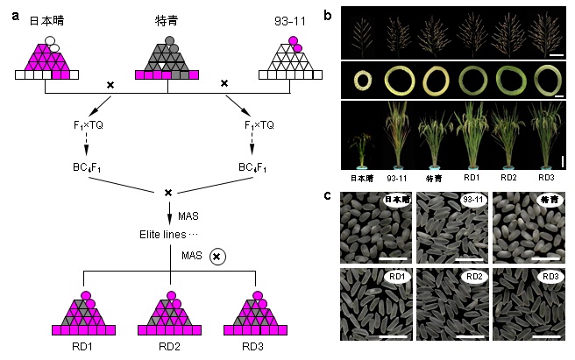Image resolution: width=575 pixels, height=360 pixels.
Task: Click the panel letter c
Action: [x=327, y=194]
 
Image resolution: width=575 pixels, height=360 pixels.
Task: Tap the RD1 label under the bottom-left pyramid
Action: [x=87, y=349]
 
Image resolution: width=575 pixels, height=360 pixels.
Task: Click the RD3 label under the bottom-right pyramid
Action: [x=257, y=349]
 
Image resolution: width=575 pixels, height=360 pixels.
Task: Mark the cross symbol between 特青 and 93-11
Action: [x=224, y=83]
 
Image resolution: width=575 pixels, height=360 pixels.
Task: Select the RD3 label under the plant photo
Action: [x=546, y=174]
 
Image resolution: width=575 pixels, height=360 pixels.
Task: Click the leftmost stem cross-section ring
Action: [x=362, y=81]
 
